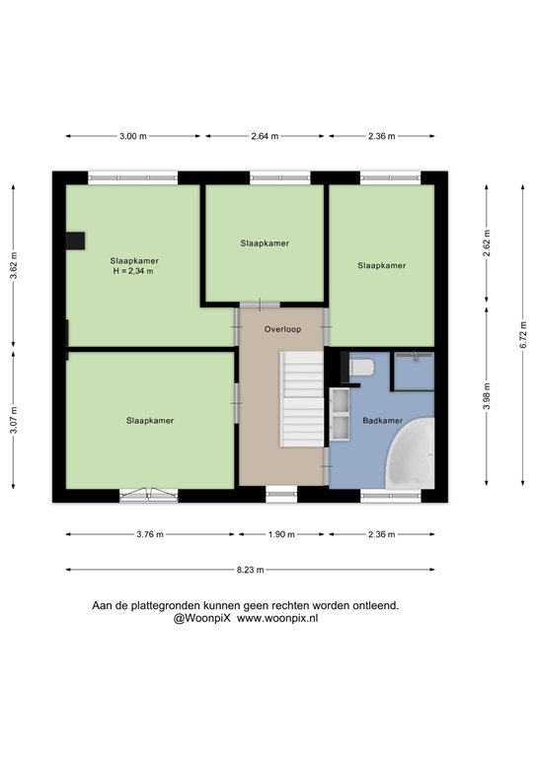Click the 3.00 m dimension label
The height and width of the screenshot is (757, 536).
pyautogui.click(x=133, y=136)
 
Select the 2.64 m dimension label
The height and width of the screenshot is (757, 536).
pyautogui.click(x=265, y=136)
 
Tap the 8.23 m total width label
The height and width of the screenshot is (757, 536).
pyautogui.click(x=251, y=570)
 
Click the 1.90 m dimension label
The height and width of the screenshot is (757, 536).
pyautogui.click(x=281, y=534)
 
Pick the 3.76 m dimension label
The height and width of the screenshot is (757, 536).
pyautogui.click(x=150, y=534)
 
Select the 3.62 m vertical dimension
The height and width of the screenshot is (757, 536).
pyautogui.click(x=14, y=266)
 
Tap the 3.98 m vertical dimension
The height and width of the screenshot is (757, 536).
pyautogui.click(x=487, y=396)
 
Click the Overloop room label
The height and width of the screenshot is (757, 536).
pyautogui.click(x=282, y=329)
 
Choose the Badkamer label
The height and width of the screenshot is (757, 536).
pyautogui.click(x=382, y=421)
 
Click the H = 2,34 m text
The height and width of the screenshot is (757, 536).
pyautogui.click(x=133, y=271)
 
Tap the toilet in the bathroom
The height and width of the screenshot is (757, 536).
pyautogui.click(x=362, y=367)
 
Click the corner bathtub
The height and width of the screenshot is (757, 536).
pyautogui.click(x=411, y=454)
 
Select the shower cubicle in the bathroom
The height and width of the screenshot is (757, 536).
pyautogui.click(x=415, y=371)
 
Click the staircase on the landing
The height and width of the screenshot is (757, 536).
pyautogui.click(x=302, y=399)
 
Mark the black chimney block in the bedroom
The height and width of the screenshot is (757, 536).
pyautogui.click(x=75, y=241)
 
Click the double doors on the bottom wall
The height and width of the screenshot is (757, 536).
pyautogui.click(x=149, y=496)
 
